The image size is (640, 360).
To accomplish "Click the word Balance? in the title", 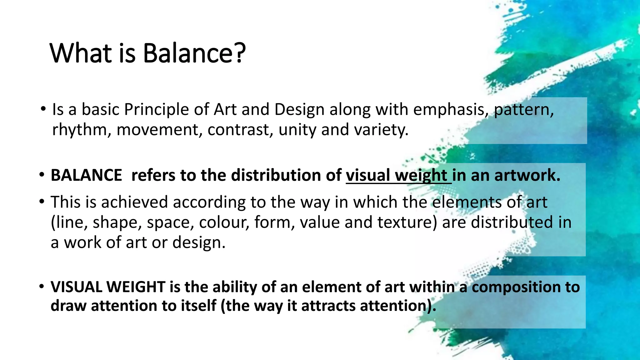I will point(194,53).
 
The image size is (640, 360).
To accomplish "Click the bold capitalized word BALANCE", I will point(86,175).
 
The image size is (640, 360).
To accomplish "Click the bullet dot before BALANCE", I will point(42,175).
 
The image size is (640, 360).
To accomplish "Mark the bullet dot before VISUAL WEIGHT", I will point(42,286).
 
